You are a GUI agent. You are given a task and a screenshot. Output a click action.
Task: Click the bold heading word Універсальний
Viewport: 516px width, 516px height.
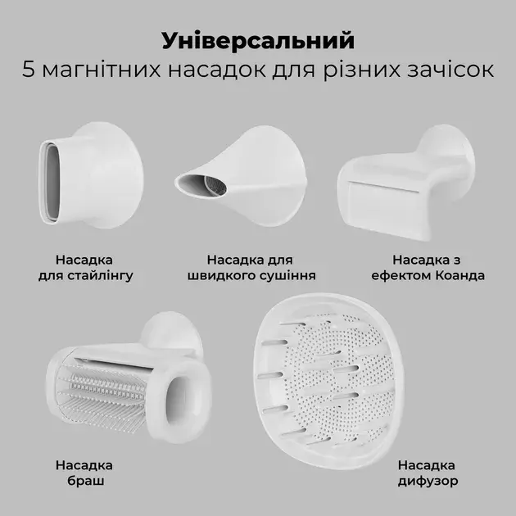pyautogui.click(x=258, y=40)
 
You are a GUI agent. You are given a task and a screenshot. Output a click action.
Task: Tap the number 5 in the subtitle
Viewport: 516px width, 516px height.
pyautogui.click(x=32, y=69)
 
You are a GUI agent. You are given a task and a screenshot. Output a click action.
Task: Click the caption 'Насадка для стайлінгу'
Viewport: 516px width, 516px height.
pyautogui.click(x=85, y=266)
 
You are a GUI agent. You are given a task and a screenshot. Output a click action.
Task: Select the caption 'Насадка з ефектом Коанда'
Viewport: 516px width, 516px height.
pyautogui.click(x=427, y=267)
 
